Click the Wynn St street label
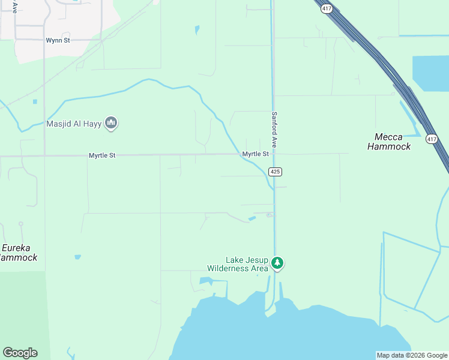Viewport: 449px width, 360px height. click(x=58, y=40)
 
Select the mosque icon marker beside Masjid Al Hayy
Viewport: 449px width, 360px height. click(x=110, y=124)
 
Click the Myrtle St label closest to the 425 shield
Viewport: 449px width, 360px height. click(x=255, y=154)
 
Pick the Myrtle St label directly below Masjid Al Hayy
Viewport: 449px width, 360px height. click(x=102, y=155)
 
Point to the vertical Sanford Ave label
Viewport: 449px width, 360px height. click(x=274, y=130)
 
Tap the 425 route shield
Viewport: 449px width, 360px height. click(x=275, y=172)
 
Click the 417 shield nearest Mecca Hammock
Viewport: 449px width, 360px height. click(x=431, y=139)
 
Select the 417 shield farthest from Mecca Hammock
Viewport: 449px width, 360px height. click(x=326, y=8)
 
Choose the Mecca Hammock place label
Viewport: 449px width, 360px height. click(x=389, y=142)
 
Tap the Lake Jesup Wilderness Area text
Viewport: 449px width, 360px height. click(x=237, y=264)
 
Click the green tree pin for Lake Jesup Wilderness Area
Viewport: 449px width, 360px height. click(x=277, y=263)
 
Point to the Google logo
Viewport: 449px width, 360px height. click(x=20, y=353)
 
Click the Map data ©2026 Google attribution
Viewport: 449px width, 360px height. click(x=412, y=355)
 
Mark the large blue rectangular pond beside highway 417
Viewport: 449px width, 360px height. click(x=430, y=73)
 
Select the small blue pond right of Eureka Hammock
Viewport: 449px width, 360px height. click(x=77, y=257)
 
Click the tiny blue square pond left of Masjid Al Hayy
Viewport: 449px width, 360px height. click(x=35, y=101)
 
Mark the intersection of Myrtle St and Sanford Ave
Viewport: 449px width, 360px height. click(x=274, y=154)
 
